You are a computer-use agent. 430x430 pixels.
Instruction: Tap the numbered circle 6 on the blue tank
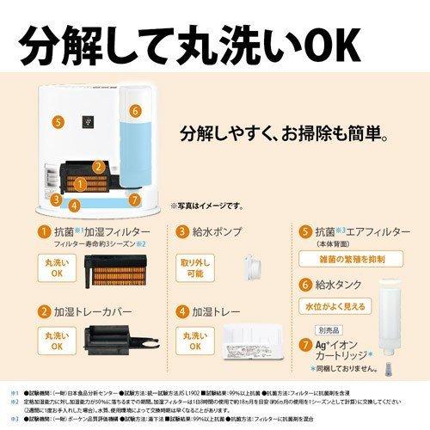tap(134, 112)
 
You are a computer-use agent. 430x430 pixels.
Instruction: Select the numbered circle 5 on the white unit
tap(56, 122)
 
